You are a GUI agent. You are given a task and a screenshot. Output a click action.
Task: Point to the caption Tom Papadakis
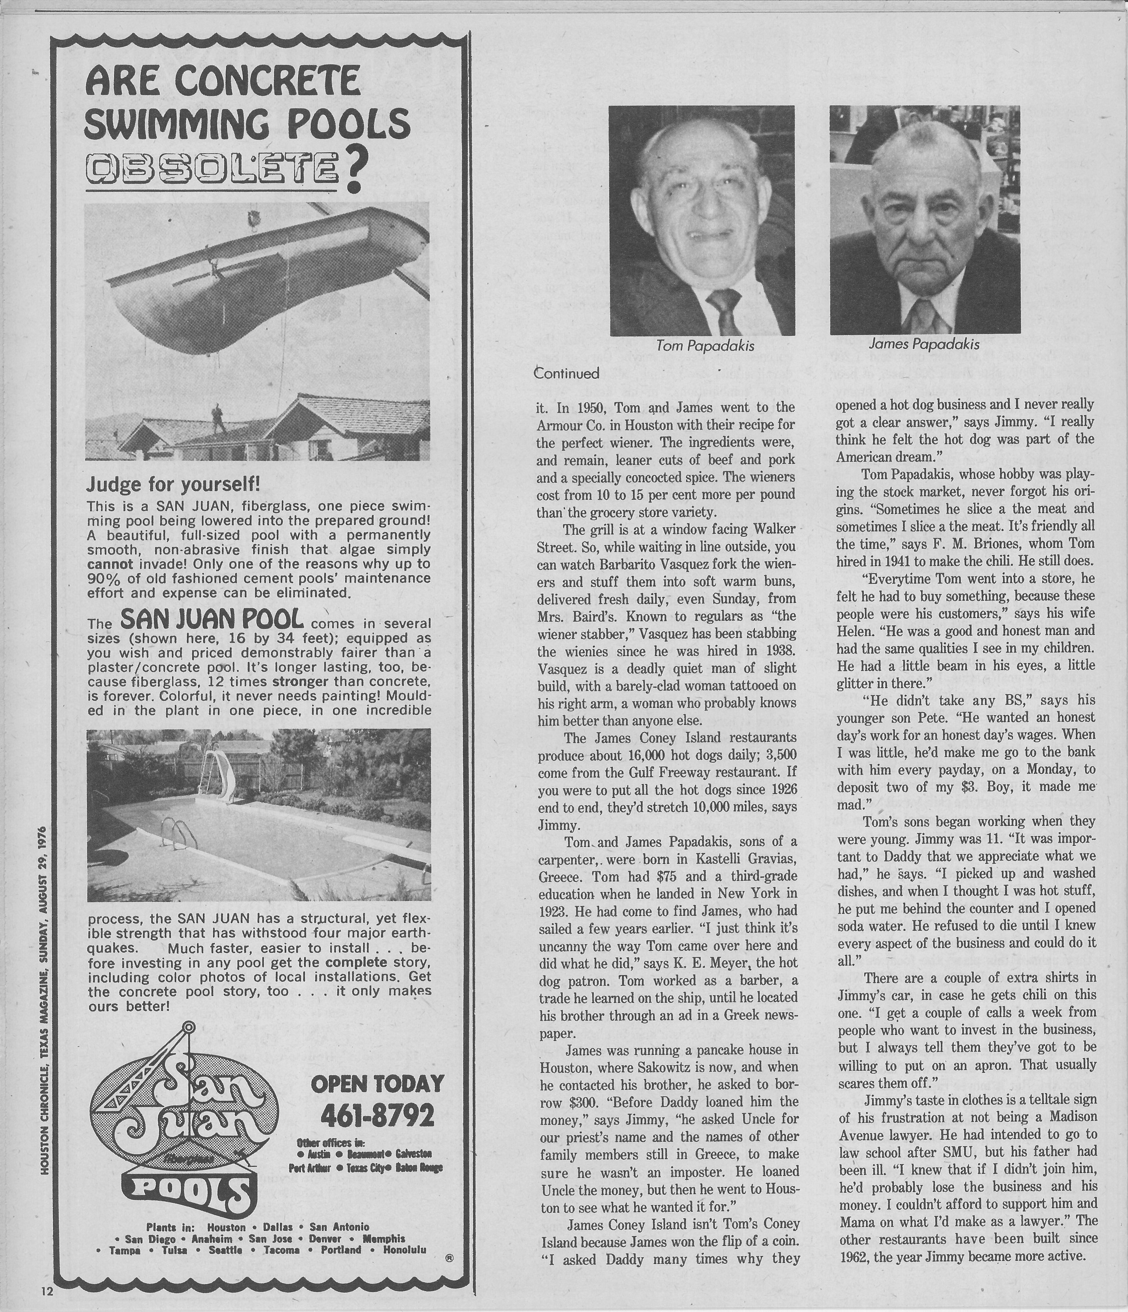point(704,346)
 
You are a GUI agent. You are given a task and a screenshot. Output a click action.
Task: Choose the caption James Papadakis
point(924,344)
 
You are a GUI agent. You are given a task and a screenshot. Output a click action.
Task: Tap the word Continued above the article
point(566,373)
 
